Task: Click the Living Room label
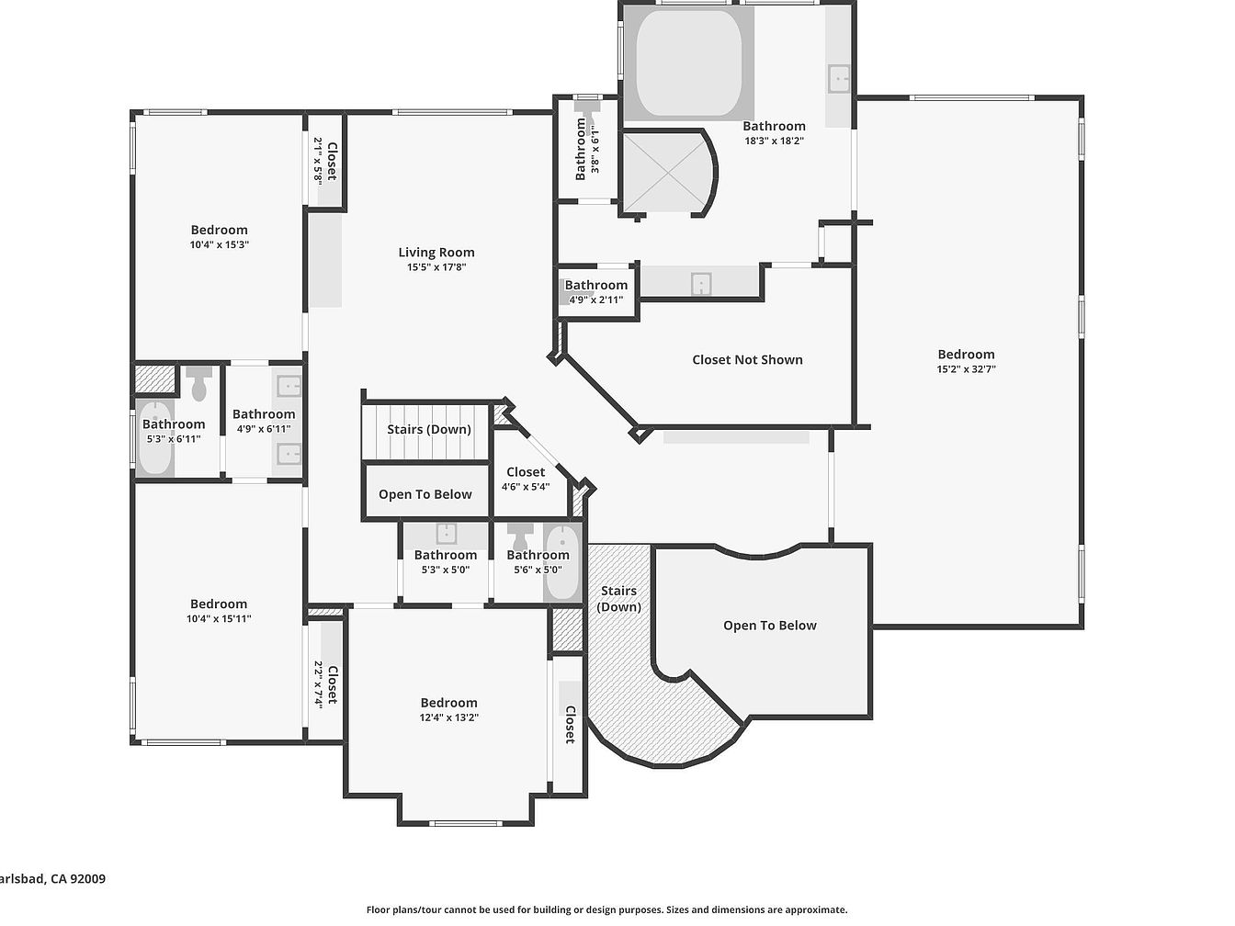click(436, 253)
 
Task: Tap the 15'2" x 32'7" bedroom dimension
click(966, 369)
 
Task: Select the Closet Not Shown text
click(747, 360)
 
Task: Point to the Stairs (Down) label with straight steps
click(429, 430)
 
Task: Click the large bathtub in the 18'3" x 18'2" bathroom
click(688, 62)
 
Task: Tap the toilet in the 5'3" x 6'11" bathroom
click(198, 383)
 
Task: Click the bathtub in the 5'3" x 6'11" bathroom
click(154, 438)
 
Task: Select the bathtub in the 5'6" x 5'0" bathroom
click(562, 562)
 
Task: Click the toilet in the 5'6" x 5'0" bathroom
click(520, 536)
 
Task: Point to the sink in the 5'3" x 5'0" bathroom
click(447, 534)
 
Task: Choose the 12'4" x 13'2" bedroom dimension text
click(449, 717)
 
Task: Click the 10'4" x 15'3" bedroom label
click(220, 230)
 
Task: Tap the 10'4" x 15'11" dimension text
click(219, 619)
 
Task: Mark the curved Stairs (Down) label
click(619, 599)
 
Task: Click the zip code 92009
click(88, 879)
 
